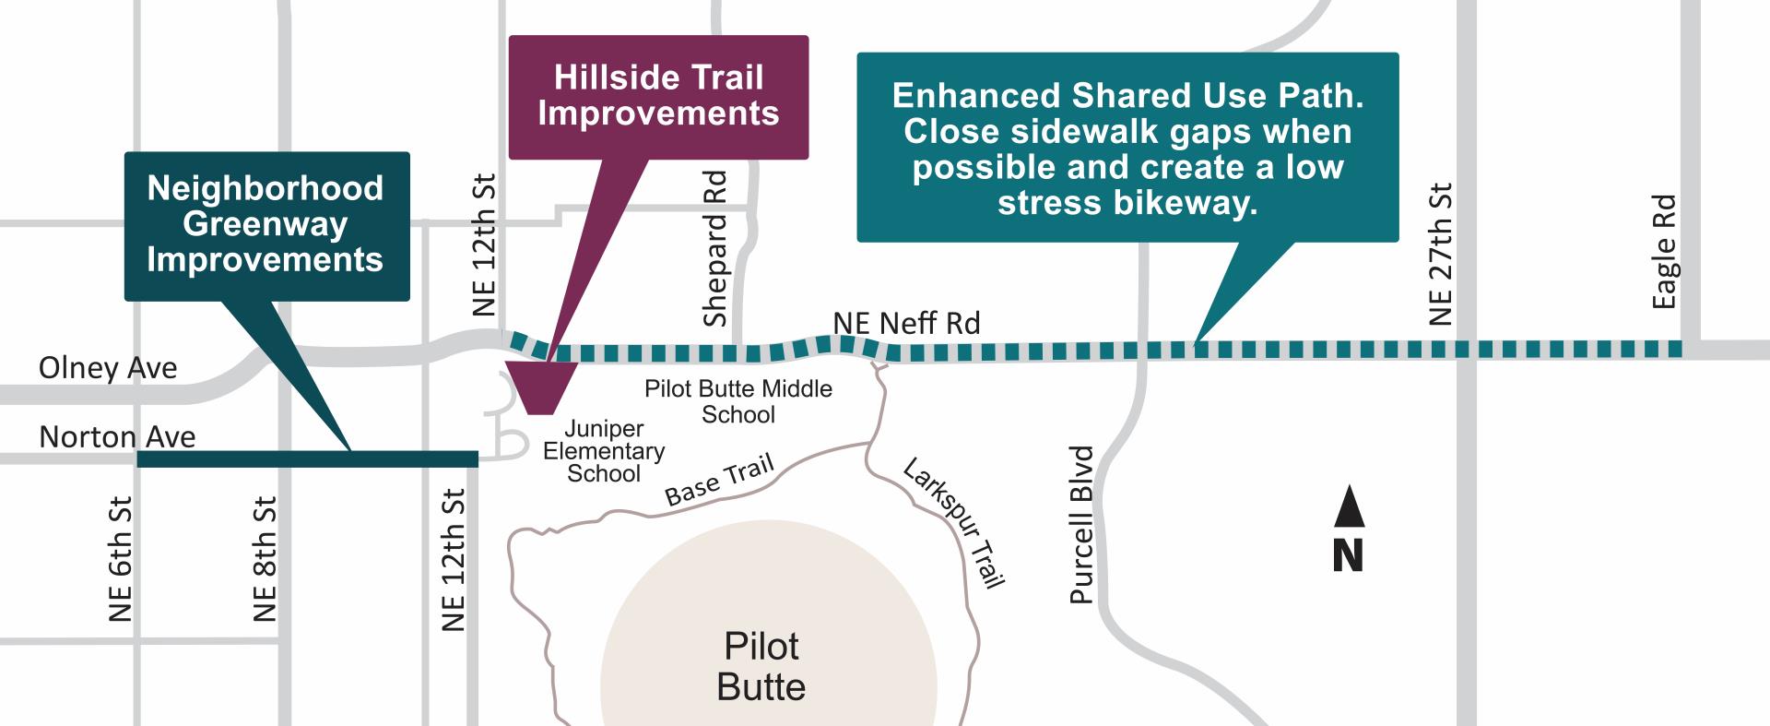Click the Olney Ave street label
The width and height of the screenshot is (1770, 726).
pos(107,368)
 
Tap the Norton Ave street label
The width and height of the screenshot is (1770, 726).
pos(117,436)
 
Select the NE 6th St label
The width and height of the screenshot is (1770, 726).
pos(121,559)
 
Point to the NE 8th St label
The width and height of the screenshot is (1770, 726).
pos(265,559)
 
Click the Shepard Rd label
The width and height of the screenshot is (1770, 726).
pos(715,248)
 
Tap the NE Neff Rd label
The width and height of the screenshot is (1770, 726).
pos(906,324)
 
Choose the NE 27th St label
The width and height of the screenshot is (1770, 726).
pos(1440,255)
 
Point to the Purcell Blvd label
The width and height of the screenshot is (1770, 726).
pos(1081,525)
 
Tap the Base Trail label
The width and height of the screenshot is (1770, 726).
pos(719,481)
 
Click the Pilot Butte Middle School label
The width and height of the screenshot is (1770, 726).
pos(738,401)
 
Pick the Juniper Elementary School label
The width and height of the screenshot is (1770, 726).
pos(604,451)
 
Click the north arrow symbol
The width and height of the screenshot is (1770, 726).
pos(1349,506)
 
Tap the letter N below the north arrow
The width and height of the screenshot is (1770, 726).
pos(1348,555)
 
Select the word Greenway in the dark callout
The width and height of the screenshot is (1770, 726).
pos(265,224)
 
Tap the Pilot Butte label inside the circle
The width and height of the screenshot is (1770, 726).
pos(761,666)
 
